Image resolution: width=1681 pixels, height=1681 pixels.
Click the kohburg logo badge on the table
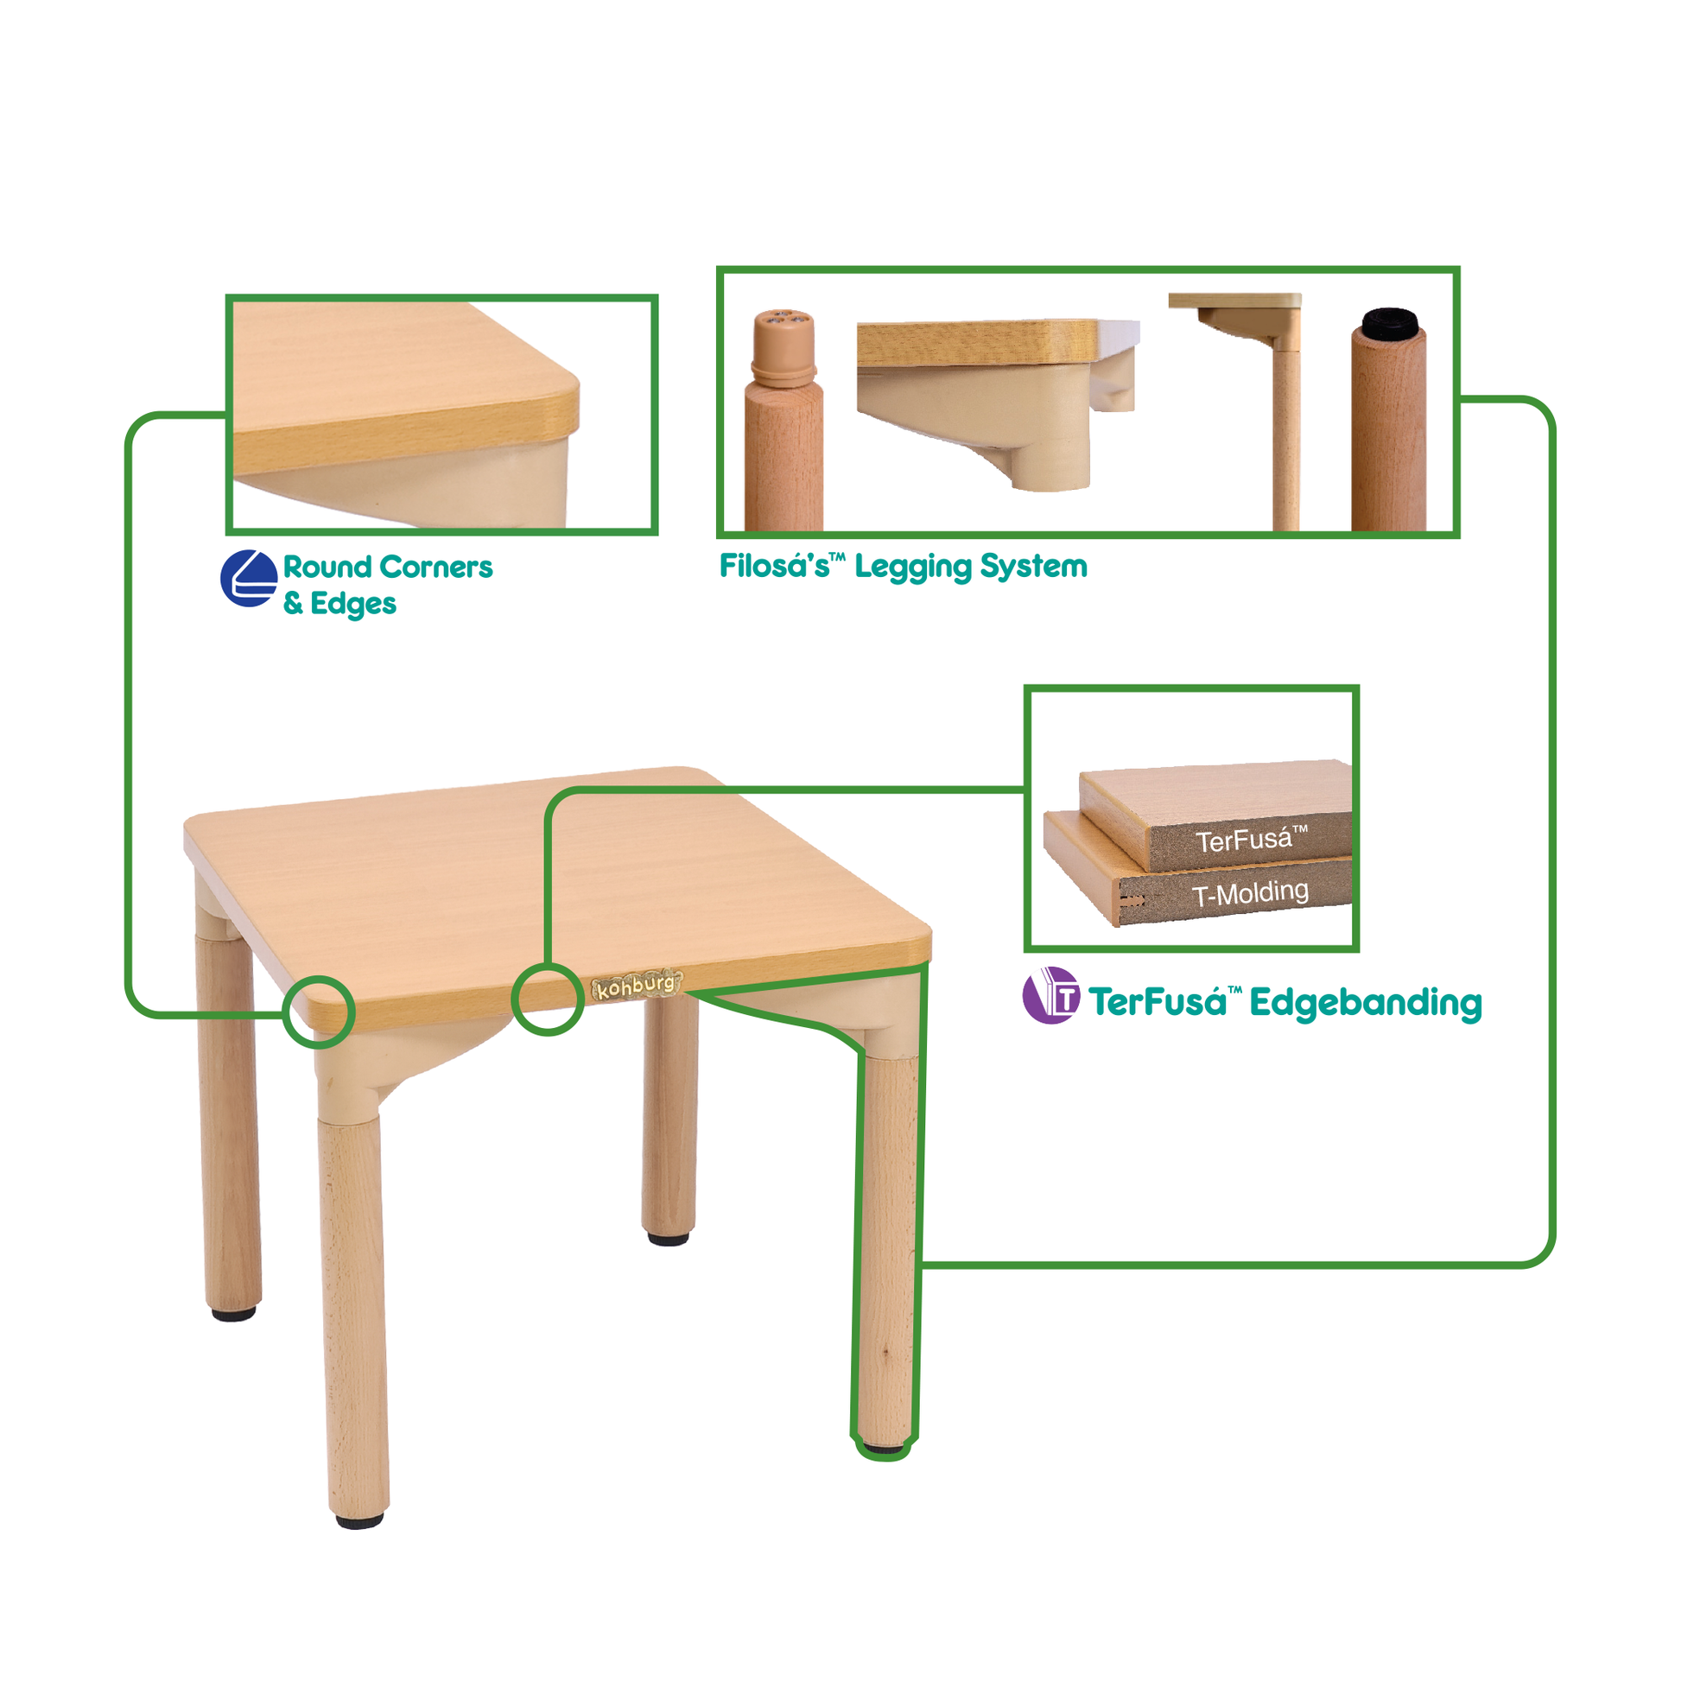[x=637, y=986]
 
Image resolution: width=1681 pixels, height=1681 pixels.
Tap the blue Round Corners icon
[x=249, y=579]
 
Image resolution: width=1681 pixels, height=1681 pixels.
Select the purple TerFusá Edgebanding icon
[x=1051, y=995]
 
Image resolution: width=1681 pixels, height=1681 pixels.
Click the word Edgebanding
[x=1366, y=1003]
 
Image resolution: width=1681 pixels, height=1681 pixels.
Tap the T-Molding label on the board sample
[x=1249, y=893]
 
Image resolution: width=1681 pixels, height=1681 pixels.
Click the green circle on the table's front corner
[x=319, y=1012]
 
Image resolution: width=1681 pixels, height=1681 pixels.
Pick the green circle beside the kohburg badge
[x=548, y=999]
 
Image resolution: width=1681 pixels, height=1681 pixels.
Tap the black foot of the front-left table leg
[x=359, y=1521]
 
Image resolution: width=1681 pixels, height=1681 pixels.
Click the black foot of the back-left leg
[x=234, y=1313]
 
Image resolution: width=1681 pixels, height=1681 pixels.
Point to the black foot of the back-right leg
[x=669, y=1238]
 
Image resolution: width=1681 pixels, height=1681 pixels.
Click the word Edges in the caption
[x=353, y=604]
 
